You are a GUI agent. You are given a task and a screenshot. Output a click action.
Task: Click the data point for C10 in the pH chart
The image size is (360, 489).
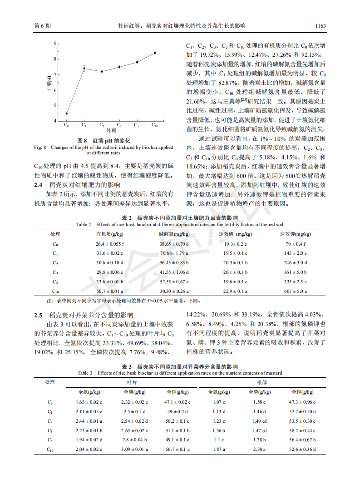(154, 53)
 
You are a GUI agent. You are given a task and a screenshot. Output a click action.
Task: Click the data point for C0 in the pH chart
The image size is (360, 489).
(67, 114)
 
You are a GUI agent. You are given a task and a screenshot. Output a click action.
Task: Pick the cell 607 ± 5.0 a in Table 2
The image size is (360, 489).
(296, 291)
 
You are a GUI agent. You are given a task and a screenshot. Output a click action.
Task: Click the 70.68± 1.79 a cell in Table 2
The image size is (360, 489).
(173, 253)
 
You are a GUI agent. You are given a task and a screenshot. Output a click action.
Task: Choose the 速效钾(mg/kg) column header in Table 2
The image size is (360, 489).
(296, 234)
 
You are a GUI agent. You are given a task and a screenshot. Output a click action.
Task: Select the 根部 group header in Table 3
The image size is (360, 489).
(262, 383)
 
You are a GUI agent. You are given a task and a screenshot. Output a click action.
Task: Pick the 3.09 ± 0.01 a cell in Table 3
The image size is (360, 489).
(134, 449)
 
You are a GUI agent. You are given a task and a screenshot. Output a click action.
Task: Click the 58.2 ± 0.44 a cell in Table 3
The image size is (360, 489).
(302, 430)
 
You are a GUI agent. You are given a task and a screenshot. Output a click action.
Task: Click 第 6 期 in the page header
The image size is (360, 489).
(43, 26)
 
